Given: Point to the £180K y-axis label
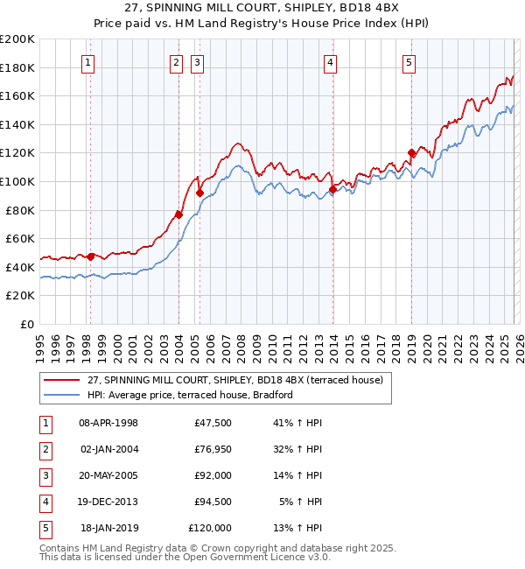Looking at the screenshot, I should [17, 67].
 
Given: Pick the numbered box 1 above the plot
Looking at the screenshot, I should [89, 61].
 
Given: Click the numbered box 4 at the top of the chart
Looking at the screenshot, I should [331, 61].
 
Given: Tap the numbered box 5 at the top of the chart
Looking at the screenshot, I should [409, 61].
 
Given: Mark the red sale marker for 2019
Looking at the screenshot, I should [411, 153].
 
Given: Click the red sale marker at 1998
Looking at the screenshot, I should [90, 256].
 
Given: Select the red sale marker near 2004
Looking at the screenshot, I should [178, 214].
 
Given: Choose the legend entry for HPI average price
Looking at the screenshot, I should [189, 395].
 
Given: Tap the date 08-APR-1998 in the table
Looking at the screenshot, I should [108, 423].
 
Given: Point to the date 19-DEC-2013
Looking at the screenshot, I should [108, 502].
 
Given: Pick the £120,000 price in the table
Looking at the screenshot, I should [210, 528].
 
